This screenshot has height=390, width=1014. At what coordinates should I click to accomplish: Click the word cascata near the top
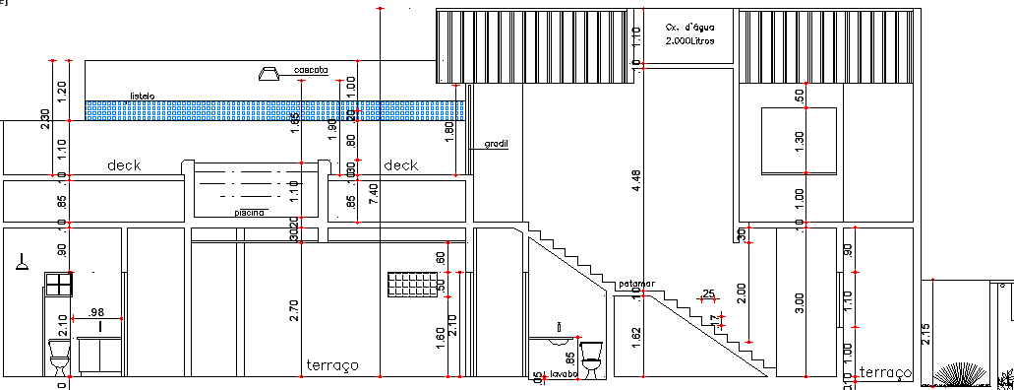[310, 71]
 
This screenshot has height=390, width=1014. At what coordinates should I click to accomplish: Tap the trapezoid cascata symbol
[268, 73]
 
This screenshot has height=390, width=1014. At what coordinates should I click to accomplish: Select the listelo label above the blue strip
[143, 97]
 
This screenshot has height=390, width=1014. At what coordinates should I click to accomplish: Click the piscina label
[248, 212]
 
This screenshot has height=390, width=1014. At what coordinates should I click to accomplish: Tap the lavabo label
[565, 375]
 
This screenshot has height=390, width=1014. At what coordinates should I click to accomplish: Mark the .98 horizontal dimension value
[96, 312]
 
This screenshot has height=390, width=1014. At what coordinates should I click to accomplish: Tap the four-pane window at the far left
[58, 284]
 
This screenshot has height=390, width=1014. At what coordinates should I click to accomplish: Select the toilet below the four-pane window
[59, 356]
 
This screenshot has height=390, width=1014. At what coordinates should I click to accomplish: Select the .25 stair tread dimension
[708, 294]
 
